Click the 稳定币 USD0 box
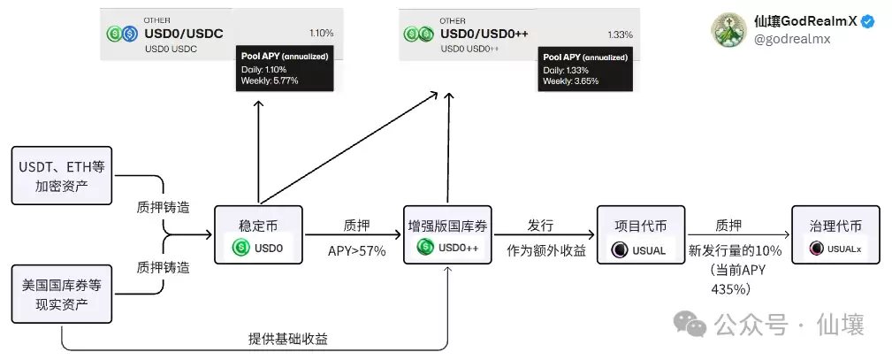click(258, 234)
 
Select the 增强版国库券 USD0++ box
click(448, 234)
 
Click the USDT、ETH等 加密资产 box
click(61, 175)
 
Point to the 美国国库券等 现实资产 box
click(61, 295)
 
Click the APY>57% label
click(356, 250)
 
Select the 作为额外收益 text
click(546, 250)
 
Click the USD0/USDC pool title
click(182, 33)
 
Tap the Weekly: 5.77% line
click(270, 80)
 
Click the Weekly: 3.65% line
click(570, 80)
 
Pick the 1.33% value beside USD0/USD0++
click(620, 34)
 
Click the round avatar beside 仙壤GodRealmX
click(729, 30)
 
